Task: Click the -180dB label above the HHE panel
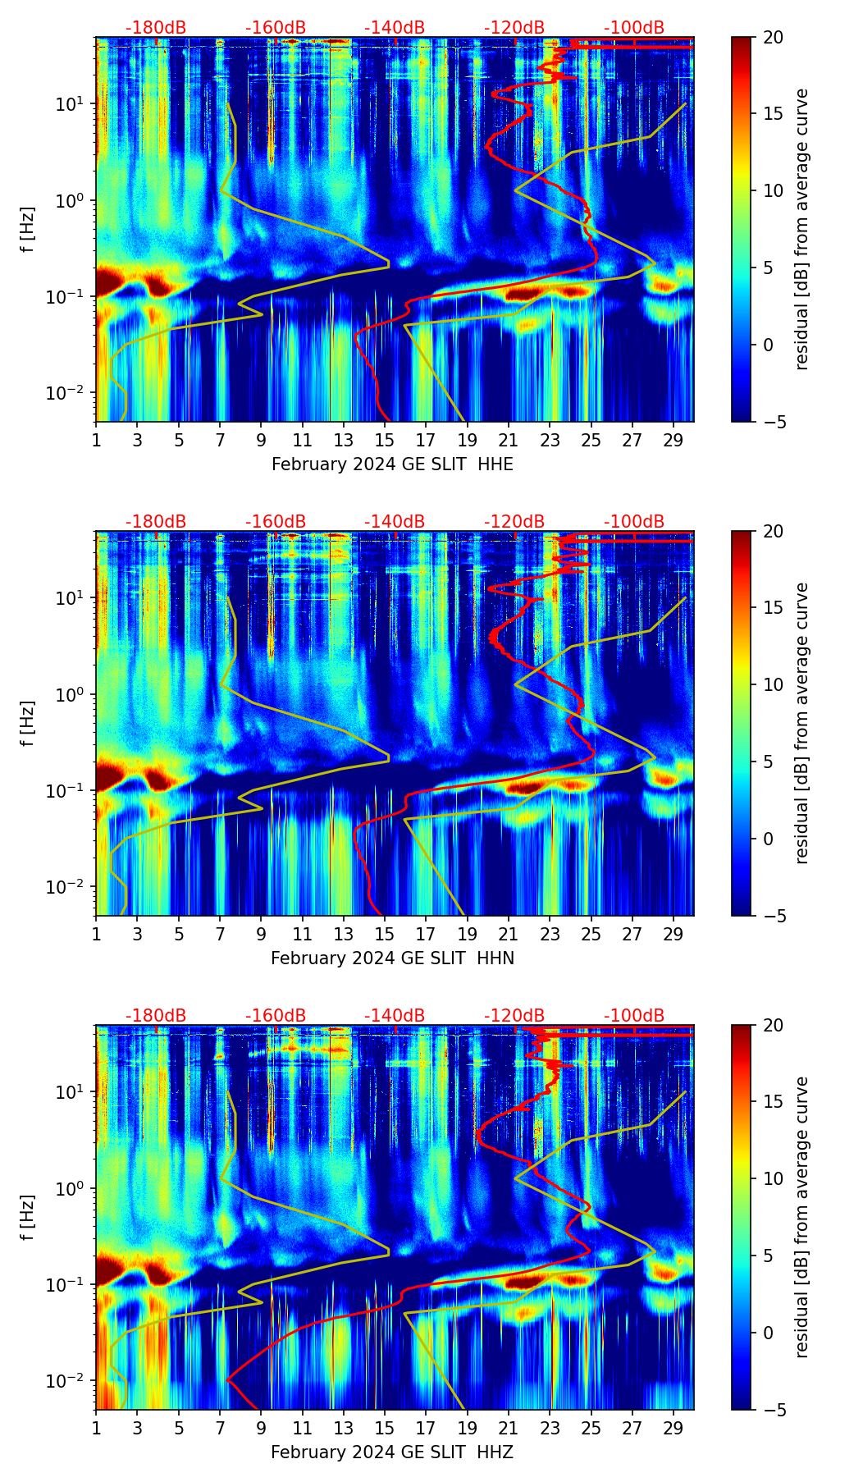coord(156,28)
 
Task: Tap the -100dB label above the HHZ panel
coord(634,1016)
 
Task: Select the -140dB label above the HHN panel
coord(395,522)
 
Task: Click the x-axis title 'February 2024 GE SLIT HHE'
coord(392,464)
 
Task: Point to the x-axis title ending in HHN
coord(392,958)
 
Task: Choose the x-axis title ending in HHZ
coord(392,1452)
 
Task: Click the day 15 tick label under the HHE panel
coord(385,440)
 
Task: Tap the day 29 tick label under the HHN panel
coord(674,934)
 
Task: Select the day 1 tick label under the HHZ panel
coord(96,1428)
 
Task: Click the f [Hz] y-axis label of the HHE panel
coord(28,230)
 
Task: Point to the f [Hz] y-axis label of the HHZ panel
coord(28,1218)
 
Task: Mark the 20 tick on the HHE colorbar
coord(773,38)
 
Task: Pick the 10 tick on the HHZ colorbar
coord(773,1179)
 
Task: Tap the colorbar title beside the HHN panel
coord(802,723)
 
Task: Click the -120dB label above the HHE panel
coord(514,28)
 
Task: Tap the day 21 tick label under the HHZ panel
coord(509,1428)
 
